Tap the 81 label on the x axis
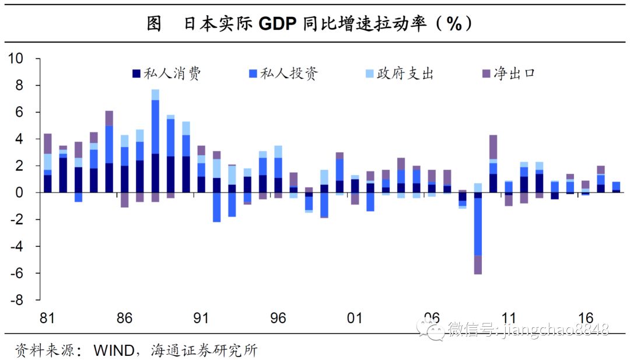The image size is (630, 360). pos(48,319)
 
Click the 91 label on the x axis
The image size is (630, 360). pos(201,319)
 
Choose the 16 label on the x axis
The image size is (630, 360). pos(586,319)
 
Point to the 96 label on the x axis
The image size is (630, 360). pos(278,319)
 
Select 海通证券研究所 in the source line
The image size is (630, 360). pos(204,351)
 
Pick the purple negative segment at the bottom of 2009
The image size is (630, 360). pos(478,264)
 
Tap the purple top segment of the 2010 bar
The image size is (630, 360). pos(493,147)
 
